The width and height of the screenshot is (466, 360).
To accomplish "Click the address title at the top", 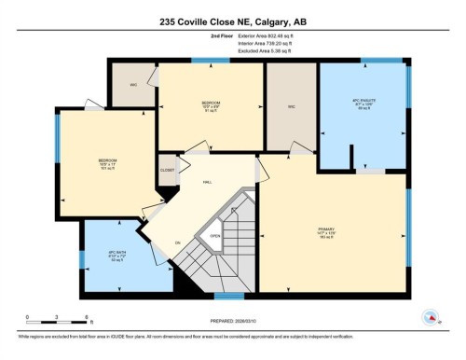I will [232, 21].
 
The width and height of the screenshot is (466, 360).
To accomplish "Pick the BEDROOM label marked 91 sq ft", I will [211, 104].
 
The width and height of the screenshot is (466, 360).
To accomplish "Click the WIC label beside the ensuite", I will [290, 106].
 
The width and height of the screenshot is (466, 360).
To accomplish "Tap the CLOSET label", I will [168, 171].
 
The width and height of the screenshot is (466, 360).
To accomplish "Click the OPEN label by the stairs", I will [215, 236].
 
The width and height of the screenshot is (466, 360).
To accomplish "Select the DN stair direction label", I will [177, 242].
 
